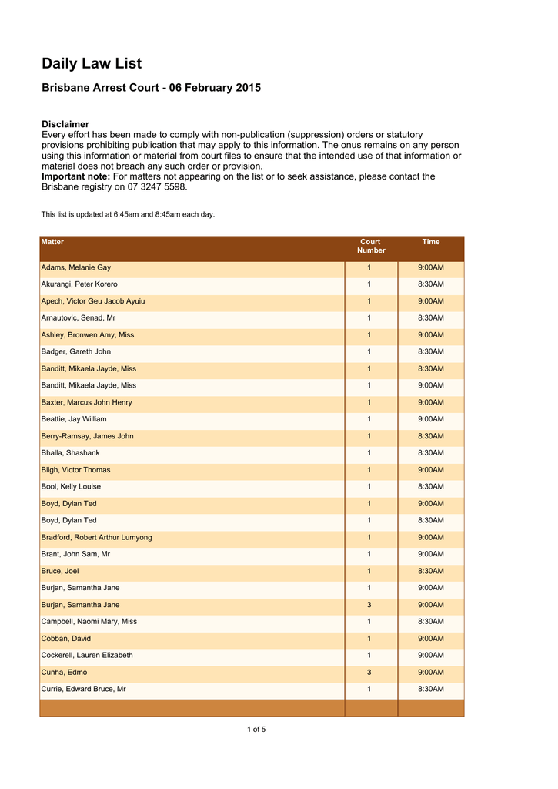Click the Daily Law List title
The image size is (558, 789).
(x=92, y=64)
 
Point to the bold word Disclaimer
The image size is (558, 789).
(x=65, y=124)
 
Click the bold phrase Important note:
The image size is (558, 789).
(x=75, y=176)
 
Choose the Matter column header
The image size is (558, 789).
(x=52, y=242)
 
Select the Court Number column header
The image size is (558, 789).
(x=371, y=246)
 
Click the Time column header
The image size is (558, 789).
(x=431, y=242)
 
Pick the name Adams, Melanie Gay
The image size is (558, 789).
(x=75, y=267)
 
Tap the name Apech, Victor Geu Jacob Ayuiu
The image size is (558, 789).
(x=92, y=301)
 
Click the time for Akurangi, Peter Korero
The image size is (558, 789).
(x=431, y=284)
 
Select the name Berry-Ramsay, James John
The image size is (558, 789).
(x=87, y=436)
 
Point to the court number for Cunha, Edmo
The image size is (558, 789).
(x=369, y=672)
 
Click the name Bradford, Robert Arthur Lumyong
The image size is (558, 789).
(x=96, y=537)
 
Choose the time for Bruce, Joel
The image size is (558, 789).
(x=431, y=571)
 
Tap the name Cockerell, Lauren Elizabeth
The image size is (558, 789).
(x=86, y=655)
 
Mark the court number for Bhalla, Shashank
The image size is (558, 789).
(x=369, y=453)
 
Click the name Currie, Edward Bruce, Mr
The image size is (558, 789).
(x=83, y=689)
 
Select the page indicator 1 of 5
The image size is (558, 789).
(x=256, y=730)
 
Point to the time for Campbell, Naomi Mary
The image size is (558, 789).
(x=431, y=622)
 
